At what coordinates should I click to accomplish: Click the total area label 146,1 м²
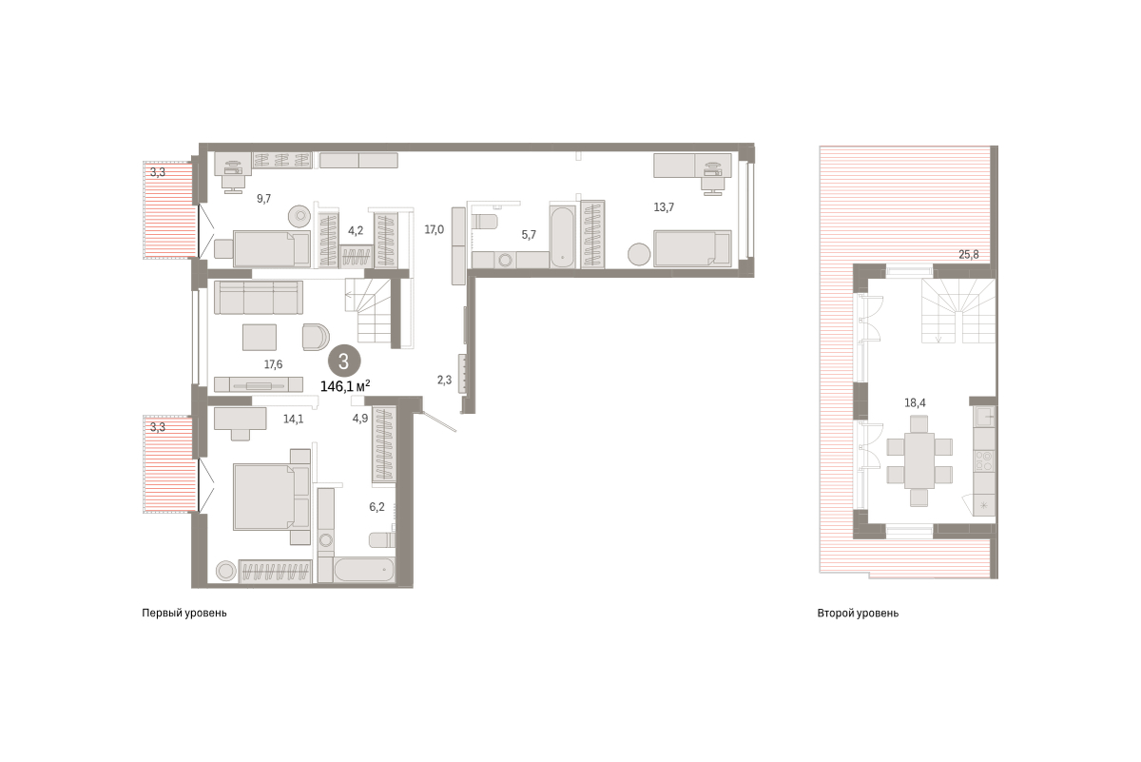click(345, 386)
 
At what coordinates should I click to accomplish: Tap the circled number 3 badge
click(344, 361)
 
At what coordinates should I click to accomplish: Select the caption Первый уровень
click(184, 614)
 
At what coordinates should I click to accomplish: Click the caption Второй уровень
click(858, 614)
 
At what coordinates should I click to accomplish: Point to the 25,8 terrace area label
click(968, 254)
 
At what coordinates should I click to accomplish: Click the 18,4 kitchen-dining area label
click(915, 403)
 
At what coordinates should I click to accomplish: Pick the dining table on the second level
click(919, 460)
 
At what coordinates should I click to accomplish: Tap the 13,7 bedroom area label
click(664, 207)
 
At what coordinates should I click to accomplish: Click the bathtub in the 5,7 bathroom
click(562, 237)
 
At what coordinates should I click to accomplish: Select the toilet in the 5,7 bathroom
click(485, 222)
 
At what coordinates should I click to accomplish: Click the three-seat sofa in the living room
click(259, 297)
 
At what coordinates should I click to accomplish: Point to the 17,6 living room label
click(273, 364)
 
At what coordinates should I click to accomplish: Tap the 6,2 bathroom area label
click(377, 507)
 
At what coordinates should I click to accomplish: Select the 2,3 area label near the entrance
click(444, 380)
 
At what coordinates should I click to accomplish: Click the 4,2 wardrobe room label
click(356, 230)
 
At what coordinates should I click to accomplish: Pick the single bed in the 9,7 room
click(272, 248)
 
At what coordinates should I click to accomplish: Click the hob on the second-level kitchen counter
click(983, 460)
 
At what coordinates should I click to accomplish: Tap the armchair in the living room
click(316, 337)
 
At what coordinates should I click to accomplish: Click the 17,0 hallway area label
click(434, 230)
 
